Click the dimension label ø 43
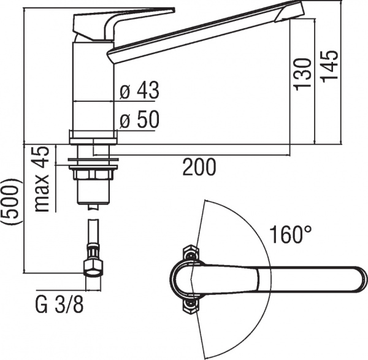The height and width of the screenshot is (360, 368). [x=139, y=91]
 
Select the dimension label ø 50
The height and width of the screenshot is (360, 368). [x=139, y=120]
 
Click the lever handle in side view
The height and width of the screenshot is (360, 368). [x=123, y=18]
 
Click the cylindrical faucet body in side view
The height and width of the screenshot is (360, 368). [x=93, y=86]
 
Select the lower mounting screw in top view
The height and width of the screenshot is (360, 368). [x=191, y=303]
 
